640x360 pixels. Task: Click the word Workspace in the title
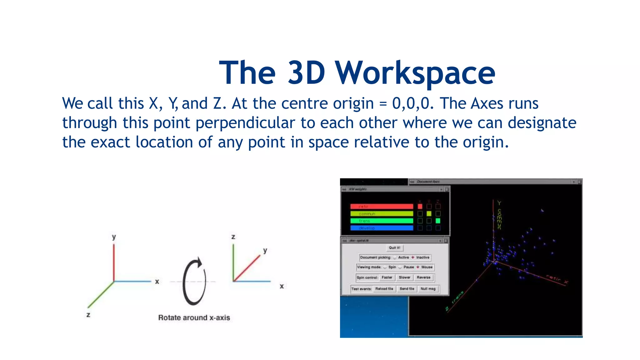coord(416,73)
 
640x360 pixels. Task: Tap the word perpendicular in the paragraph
coord(245,123)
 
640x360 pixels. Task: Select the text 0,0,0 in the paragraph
coord(411,103)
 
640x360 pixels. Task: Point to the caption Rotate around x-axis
coord(194,318)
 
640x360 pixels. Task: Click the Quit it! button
coord(394,248)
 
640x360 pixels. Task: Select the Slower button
coord(404,277)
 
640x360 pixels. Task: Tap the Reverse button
coord(423,277)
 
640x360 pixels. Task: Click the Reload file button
coord(384,289)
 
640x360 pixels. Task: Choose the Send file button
coord(407,289)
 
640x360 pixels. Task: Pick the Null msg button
coord(428,289)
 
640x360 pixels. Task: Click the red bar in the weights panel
coord(382,207)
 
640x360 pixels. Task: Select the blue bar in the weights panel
coord(382,228)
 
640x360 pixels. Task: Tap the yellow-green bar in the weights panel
coord(382,214)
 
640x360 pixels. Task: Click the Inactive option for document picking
coord(422,257)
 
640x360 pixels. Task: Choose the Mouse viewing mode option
coord(426,267)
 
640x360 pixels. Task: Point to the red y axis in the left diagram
coord(114,262)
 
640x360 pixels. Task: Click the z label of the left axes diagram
coord(88,315)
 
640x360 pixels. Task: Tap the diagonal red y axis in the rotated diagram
coord(247,268)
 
